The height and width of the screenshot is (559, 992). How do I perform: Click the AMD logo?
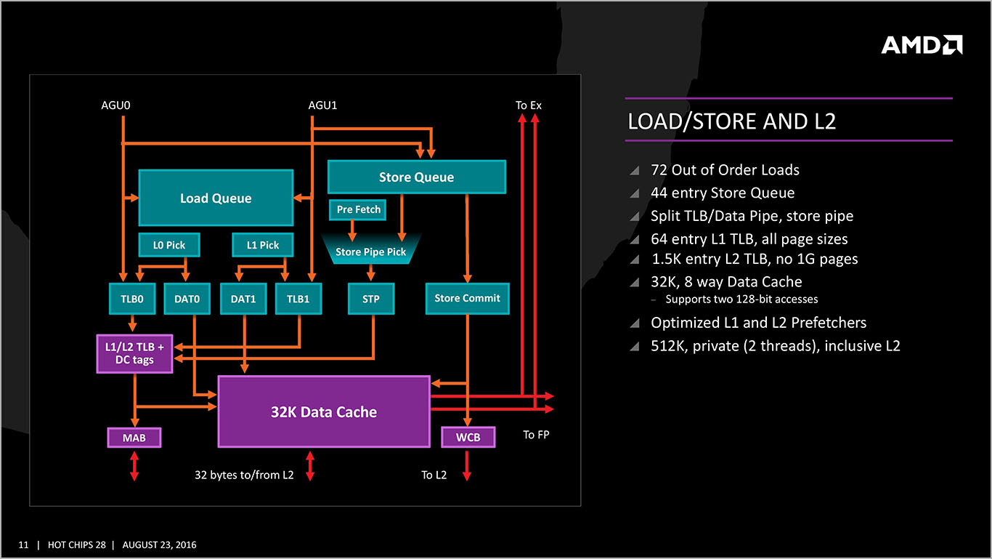pos(922,45)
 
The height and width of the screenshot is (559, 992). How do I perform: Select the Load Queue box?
pos(216,198)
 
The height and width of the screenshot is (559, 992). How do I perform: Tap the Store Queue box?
pos(416,177)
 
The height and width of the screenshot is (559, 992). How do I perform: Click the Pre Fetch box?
pos(358,209)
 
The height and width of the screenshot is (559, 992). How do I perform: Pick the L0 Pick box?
pos(169,245)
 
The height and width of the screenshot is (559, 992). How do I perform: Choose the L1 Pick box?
pos(263,245)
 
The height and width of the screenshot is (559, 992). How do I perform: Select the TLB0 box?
pos(132,299)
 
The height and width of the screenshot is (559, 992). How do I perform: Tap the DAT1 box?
pos(243,299)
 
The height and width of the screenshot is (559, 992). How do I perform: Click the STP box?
pos(371,299)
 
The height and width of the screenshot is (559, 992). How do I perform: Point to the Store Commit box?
pos(467,298)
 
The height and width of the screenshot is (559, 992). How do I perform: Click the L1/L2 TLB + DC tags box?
pos(134,353)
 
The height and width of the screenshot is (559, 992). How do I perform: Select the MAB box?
pos(134,438)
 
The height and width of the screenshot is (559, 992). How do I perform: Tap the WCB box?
pos(468,437)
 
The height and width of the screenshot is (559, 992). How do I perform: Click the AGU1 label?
pos(322,105)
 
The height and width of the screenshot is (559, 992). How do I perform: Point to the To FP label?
pos(536,435)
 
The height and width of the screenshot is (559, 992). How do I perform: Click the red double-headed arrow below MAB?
pos(134,466)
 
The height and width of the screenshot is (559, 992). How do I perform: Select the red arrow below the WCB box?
pos(467,465)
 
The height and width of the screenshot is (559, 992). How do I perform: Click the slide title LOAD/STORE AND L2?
pos(731,121)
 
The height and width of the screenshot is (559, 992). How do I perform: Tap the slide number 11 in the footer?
pos(23,544)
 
